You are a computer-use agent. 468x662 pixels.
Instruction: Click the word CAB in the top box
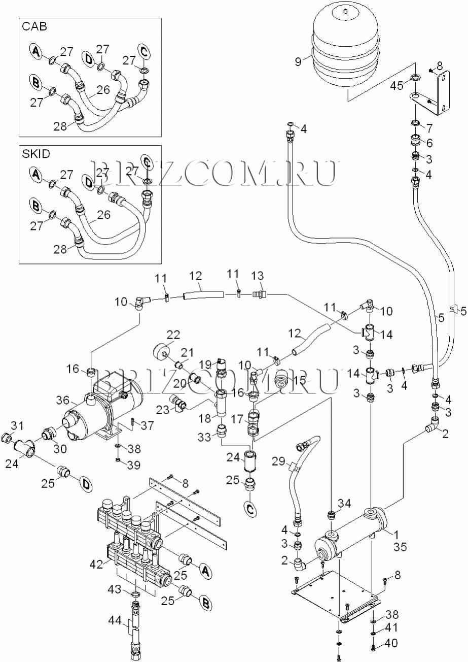[34, 27]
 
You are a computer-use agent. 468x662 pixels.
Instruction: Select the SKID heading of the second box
[36, 154]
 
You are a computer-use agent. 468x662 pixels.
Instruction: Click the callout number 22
[173, 335]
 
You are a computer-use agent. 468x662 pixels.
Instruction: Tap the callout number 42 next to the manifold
[97, 564]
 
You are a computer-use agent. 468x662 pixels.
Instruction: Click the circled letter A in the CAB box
[36, 51]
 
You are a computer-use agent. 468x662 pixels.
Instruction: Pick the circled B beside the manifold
[205, 603]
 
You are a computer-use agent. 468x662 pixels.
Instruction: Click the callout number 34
[345, 503]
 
